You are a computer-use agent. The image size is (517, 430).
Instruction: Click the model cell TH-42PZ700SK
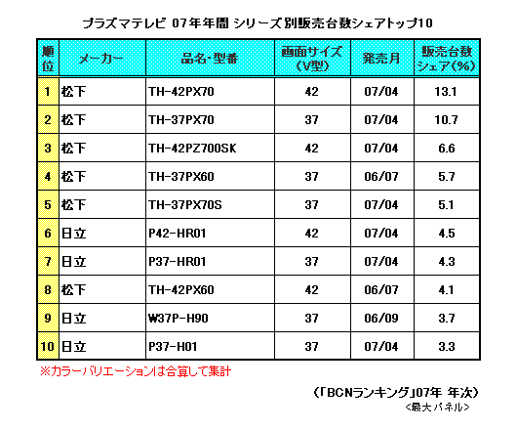pyautogui.click(x=192, y=149)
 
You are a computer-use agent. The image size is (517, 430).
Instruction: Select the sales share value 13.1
pyautogui.click(x=446, y=92)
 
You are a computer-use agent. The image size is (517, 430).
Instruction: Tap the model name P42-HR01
pyautogui.click(x=178, y=234)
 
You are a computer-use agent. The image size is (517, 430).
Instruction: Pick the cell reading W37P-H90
pyautogui.click(x=179, y=319)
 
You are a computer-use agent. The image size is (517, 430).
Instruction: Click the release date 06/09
pyautogui.click(x=381, y=319)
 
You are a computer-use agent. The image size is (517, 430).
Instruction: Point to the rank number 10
pyautogui.click(x=48, y=347)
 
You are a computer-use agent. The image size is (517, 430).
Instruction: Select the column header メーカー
pyautogui.click(x=100, y=59)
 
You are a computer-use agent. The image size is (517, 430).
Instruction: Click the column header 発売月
pyautogui.click(x=381, y=59)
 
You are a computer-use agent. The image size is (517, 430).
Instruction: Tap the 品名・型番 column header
pyautogui.click(x=210, y=59)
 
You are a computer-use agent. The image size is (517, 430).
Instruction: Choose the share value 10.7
pyautogui.click(x=446, y=120)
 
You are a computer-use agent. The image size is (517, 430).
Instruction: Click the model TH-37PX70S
pyautogui.click(x=185, y=205)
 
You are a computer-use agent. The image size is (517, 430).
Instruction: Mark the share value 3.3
pyautogui.click(x=447, y=347)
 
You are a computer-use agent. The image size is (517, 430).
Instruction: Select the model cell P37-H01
pyautogui.click(x=173, y=347)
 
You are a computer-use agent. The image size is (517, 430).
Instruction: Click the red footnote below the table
pyautogui.click(x=136, y=371)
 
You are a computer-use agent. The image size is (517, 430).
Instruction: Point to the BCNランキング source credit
pyautogui.click(x=395, y=393)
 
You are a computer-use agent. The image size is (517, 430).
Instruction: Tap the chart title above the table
pyautogui.click(x=258, y=23)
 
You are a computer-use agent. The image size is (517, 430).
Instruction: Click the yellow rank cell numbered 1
pyautogui.click(x=48, y=92)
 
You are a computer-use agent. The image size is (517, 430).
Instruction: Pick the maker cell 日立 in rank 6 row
pyautogui.click(x=74, y=234)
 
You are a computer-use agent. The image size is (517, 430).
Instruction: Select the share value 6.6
pyautogui.click(x=447, y=149)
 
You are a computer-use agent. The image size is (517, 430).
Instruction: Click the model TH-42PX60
pyautogui.click(x=181, y=290)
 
